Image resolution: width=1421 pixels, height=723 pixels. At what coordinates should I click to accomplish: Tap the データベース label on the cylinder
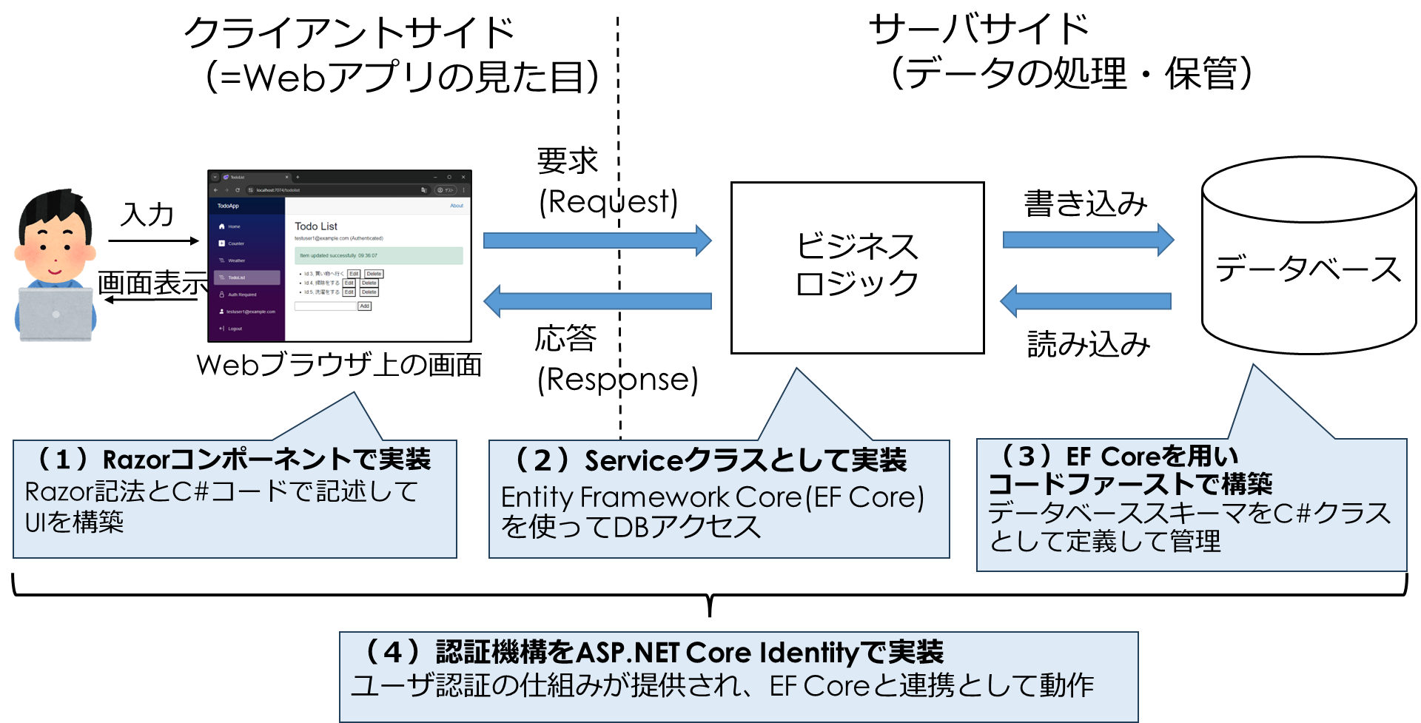[1308, 269]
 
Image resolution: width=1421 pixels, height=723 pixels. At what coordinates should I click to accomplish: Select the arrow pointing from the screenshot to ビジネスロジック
[597, 241]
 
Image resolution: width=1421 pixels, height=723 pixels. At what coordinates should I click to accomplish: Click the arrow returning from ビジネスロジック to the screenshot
[597, 301]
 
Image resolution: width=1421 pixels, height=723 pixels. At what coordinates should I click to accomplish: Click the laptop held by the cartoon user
[56, 315]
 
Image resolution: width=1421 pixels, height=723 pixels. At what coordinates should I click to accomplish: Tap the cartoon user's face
[54, 248]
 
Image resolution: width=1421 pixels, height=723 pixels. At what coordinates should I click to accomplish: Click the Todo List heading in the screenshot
[316, 226]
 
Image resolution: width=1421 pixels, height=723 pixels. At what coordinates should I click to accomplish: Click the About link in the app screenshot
[457, 206]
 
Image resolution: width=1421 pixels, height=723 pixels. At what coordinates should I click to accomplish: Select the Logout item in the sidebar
[235, 329]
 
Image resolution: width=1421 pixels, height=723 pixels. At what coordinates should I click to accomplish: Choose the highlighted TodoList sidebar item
[246, 278]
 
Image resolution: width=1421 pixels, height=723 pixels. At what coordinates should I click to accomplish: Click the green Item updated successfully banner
[378, 255]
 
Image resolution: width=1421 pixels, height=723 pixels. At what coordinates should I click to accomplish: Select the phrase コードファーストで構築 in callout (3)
[1130, 484]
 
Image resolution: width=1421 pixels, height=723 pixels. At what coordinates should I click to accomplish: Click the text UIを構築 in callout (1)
[74, 522]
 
